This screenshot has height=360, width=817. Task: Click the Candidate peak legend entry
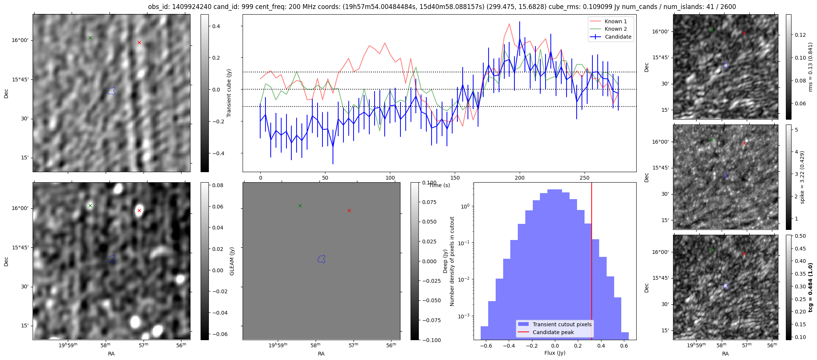pos(553,332)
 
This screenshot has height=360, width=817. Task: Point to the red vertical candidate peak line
pos(592,262)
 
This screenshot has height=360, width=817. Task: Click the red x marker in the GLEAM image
pos(139,211)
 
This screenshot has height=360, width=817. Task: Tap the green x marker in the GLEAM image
pos(90,205)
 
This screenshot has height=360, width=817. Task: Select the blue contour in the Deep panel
pos(321,259)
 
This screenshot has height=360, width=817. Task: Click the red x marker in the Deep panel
pos(349,211)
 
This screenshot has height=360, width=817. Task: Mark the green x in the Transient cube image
pos(90,37)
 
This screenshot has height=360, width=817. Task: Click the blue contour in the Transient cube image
pos(111,91)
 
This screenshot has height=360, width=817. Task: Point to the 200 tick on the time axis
pos(520,178)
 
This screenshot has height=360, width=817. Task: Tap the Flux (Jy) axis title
pos(555,353)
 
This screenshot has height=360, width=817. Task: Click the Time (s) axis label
pos(439,185)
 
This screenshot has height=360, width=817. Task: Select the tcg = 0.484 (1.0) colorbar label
pos(811,287)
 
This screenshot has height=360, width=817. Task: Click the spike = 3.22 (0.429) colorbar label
pos(802,177)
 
